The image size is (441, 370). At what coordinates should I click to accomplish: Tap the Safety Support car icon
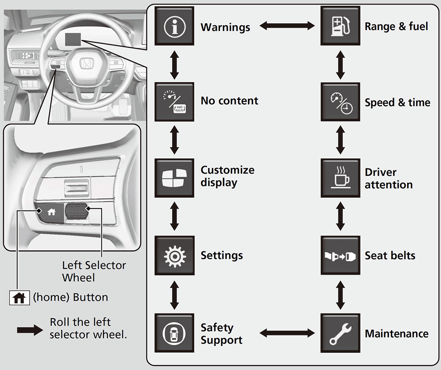coord(174,333)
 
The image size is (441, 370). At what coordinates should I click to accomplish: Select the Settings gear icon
coord(174,255)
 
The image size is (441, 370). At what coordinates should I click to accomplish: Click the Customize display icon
coord(174,178)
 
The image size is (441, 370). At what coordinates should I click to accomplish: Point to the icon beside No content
coord(174,102)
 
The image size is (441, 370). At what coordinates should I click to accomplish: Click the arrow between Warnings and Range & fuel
coord(287,26)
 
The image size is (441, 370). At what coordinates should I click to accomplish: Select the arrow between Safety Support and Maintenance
coord(287,333)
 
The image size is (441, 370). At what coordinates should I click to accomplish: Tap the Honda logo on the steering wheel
coord(85,63)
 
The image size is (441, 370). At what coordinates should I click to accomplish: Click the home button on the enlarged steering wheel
coord(51,213)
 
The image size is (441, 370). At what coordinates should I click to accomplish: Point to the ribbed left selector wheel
coord(76,211)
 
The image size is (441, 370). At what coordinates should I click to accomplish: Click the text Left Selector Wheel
coord(94,271)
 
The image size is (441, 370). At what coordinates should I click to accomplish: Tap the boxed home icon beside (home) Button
coord(19,298)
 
